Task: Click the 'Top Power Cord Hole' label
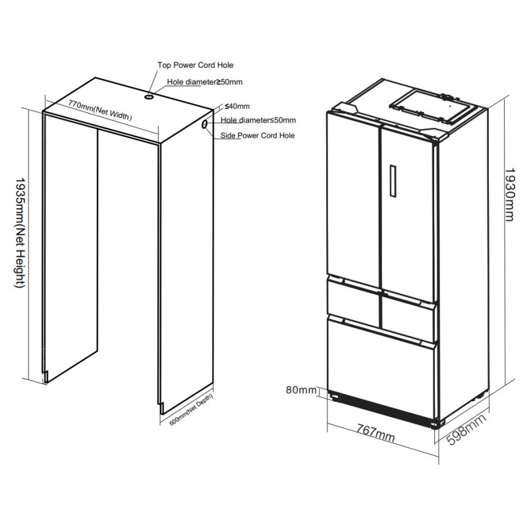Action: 195,65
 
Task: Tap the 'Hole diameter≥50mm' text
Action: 205,82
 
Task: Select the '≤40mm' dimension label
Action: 237,106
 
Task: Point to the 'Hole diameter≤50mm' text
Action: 258,120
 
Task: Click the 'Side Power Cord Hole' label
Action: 258,136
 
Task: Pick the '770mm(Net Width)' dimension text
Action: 100,110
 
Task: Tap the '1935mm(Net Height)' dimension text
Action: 20,233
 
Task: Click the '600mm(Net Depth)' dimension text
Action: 191,410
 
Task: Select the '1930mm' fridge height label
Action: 509,195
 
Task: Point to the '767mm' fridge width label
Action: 375,433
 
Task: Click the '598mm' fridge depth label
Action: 466,430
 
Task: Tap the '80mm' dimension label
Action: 301,390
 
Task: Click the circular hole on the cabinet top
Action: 149,97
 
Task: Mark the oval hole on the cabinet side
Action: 204,125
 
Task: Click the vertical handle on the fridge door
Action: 393,180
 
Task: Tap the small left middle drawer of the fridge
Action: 354,299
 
